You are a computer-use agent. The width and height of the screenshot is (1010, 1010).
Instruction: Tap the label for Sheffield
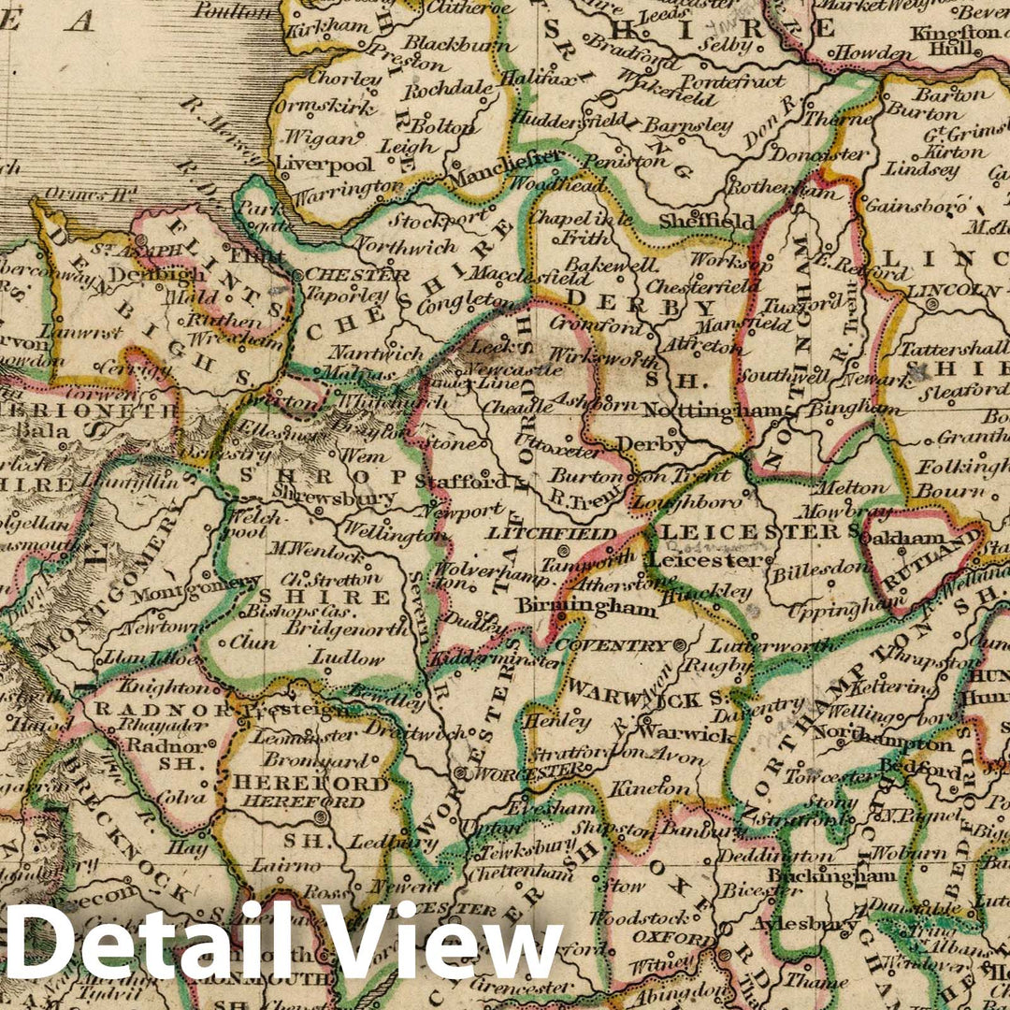click(719, 222)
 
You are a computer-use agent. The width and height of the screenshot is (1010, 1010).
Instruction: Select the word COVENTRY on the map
click(613, 645)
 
